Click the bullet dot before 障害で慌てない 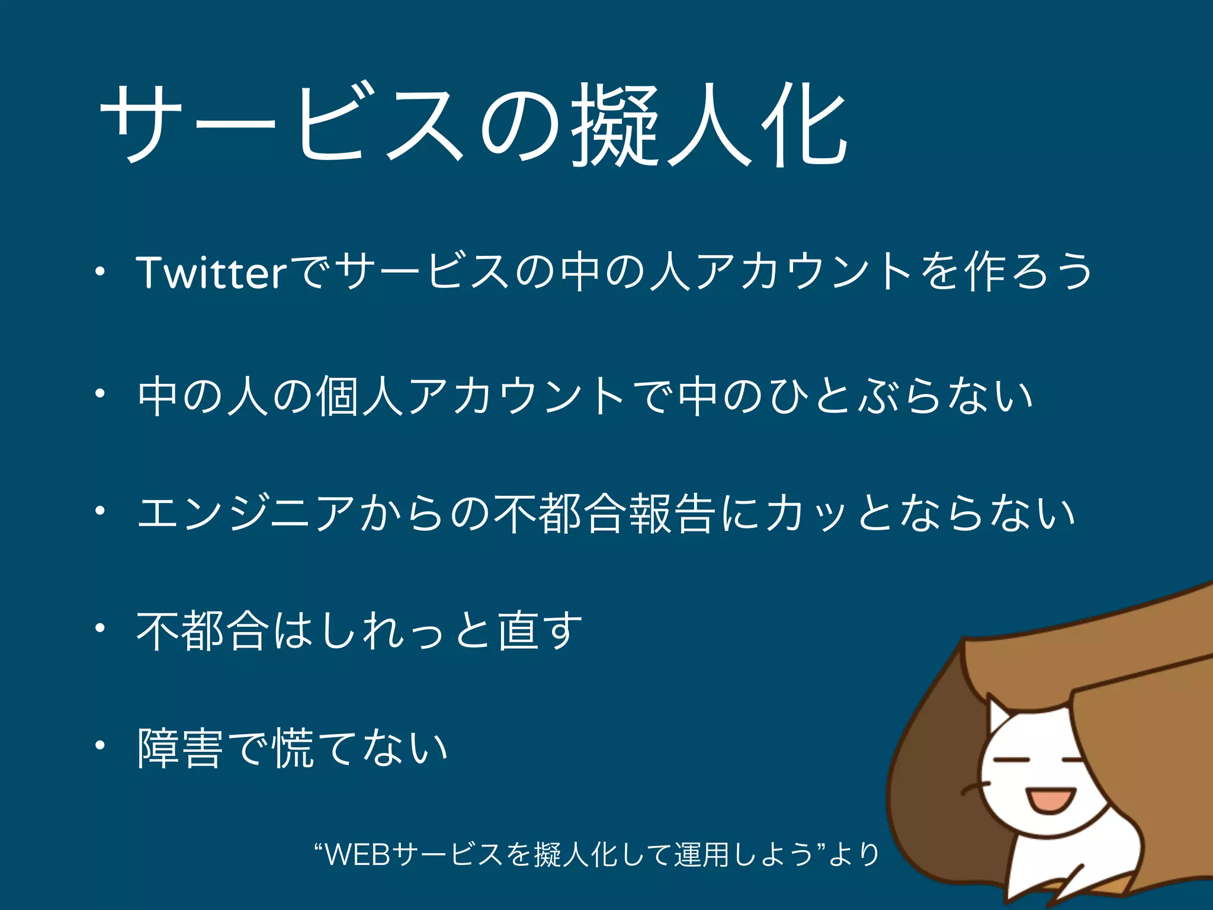point(101,745)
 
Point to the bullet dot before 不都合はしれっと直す point(101,628)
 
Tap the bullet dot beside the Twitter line point(101,272)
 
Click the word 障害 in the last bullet point(181,748)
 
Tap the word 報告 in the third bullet point(672,513)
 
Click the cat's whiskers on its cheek point(974,788)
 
